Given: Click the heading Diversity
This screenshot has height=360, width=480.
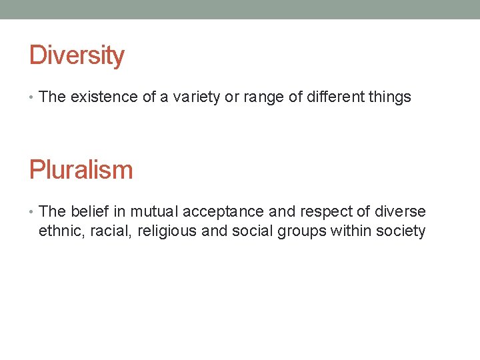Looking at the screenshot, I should [77, 55].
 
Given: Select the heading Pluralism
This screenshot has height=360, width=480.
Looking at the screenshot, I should [81, 170].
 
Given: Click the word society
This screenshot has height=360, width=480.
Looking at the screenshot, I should [401, 232].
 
